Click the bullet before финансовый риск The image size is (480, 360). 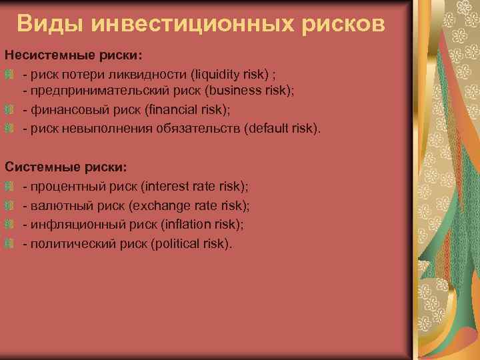coord(9,109)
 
